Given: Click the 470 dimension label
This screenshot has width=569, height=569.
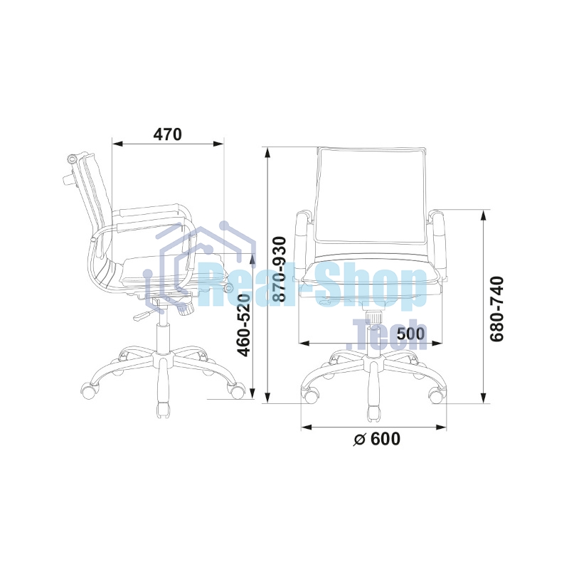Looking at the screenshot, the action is (167, 134).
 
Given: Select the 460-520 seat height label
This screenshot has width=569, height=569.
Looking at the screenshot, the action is (243, 325).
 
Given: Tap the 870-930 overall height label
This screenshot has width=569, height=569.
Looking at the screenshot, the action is (280, 269).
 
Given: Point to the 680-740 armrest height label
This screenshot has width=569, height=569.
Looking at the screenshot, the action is (497, 309).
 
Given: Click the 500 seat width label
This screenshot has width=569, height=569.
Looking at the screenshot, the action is (410, 334).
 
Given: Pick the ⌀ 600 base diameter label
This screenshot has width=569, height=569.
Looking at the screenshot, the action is (377, 439).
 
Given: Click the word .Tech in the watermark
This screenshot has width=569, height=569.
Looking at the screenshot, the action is (386, 334).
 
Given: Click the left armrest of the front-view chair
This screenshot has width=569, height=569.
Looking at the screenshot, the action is (302, 243).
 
